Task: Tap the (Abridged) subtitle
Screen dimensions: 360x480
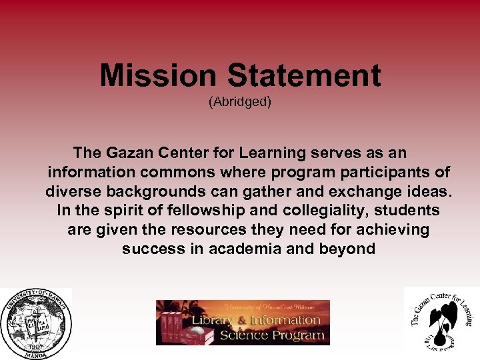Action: pos(240,102)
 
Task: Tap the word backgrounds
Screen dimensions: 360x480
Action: pos(153,192)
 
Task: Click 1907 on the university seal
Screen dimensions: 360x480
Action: pos(36,345)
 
